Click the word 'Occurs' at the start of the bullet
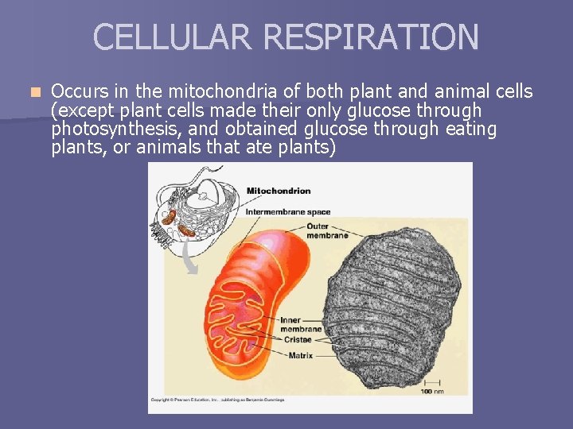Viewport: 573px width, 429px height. pyautogui.click(x=76, y=91)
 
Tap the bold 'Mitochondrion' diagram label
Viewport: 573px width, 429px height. pyautogui.click(x=279, y=191)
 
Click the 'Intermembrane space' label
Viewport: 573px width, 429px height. pyautogui.click(x=287, y=212)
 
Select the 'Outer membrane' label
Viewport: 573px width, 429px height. pyautogui.click(x=327, y=230)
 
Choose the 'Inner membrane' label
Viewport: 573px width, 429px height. pyautogui.click(x=301, y=324)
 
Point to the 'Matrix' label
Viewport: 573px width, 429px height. pyautogui.click(x=300, y=355)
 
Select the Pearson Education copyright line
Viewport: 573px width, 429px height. pyautogui.click(x=216, y=400)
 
